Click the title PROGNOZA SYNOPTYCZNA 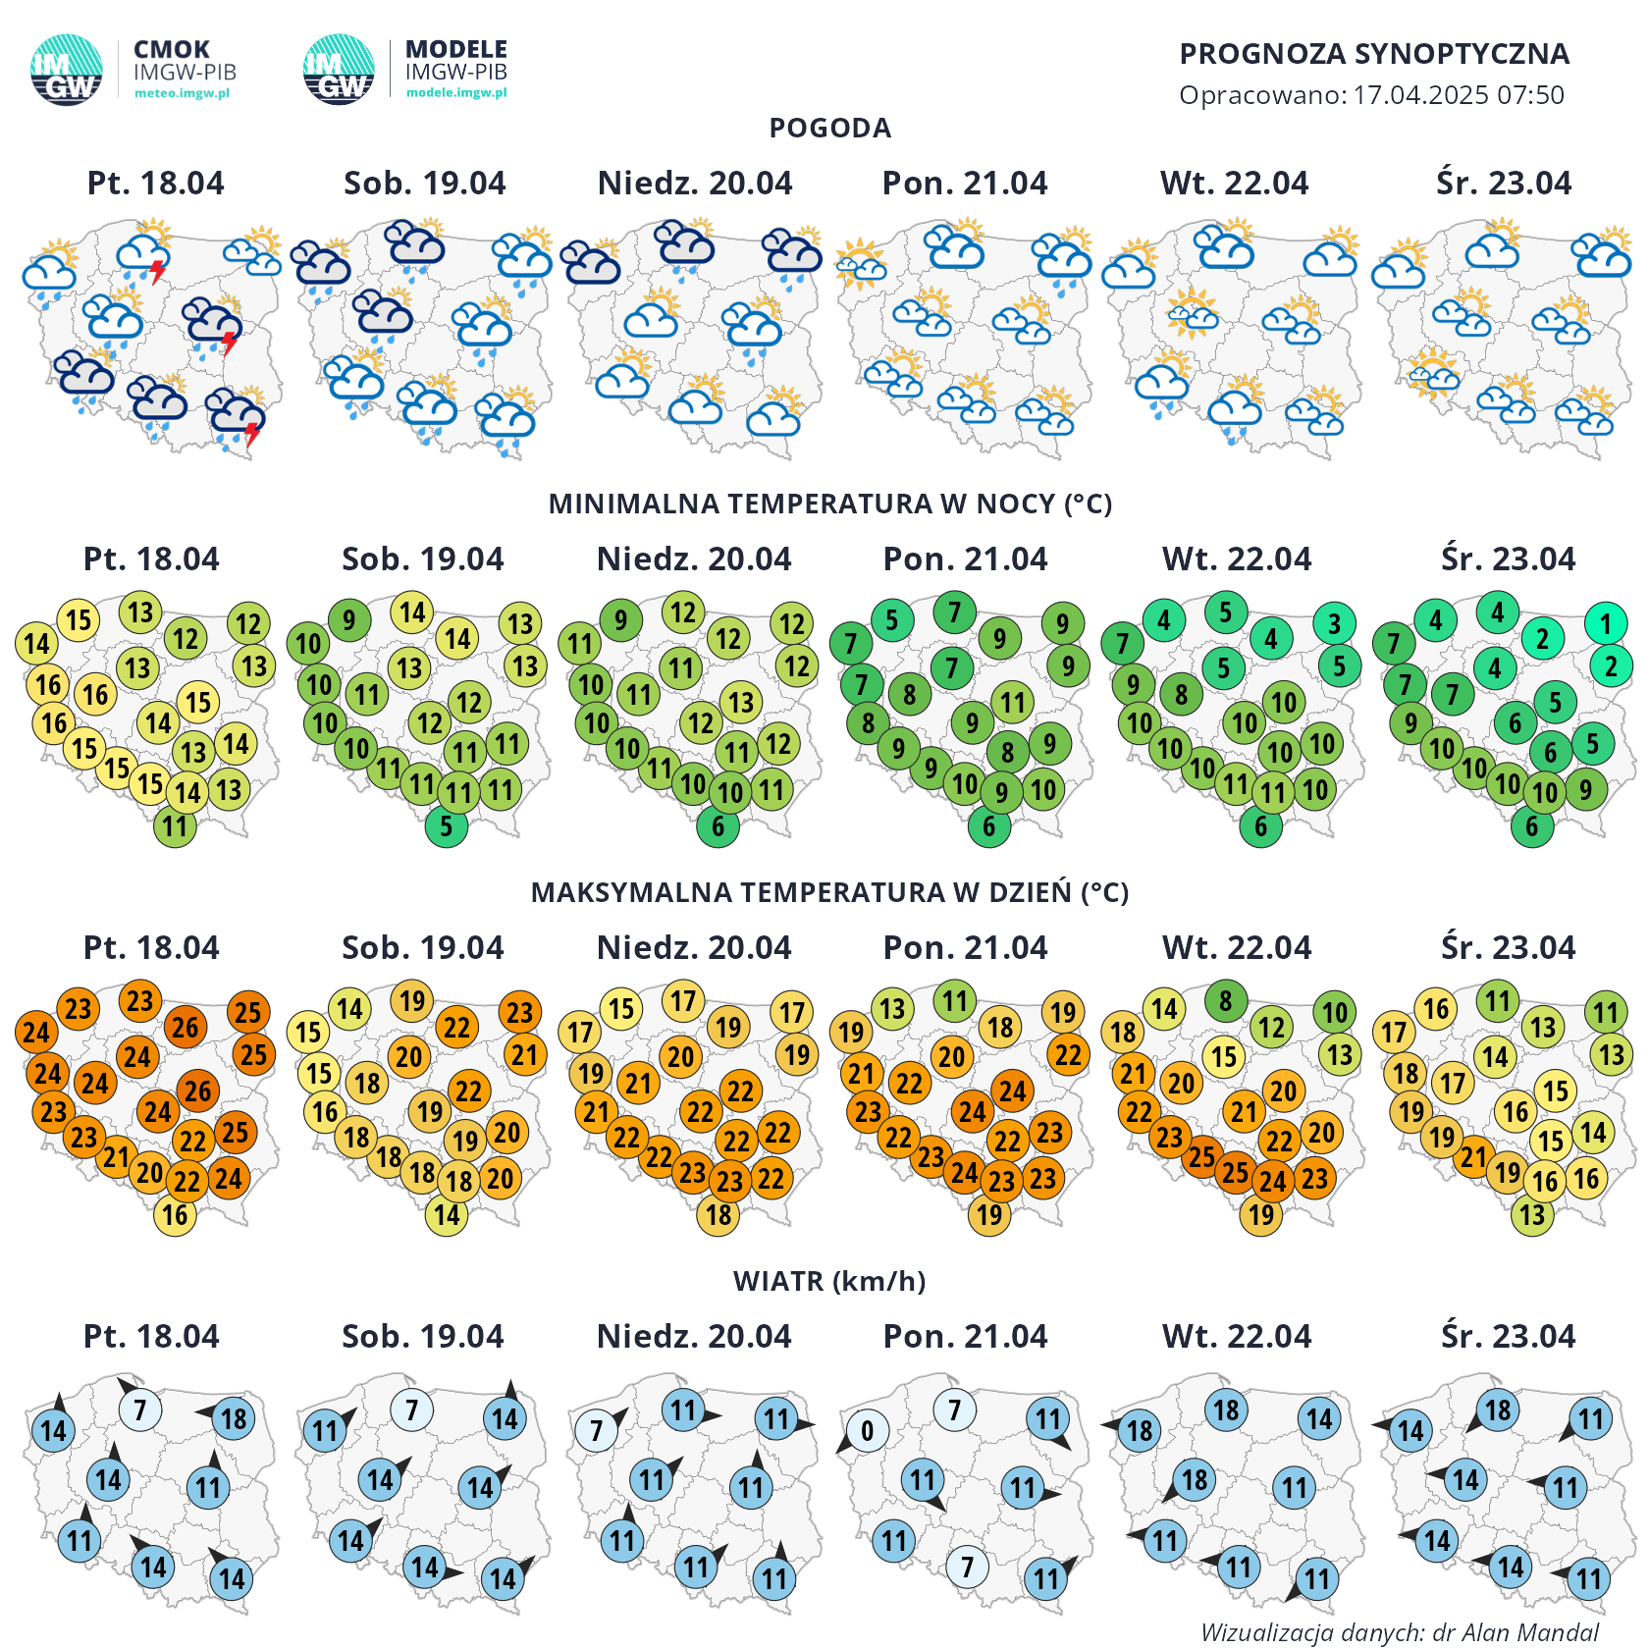(x=1373, y=54)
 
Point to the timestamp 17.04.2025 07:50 (x=1459, y=95)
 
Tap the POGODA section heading (x=829, y=128)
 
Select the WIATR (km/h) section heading (x=829, y=1281)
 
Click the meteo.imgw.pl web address (x=182, y=93)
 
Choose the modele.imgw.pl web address (x=456, y=92)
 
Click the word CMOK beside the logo (x=172, y=49)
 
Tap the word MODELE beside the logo (x=456, y=49)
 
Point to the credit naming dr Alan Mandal (x=1401, y=1632)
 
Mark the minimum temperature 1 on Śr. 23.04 (x=1605, y=623)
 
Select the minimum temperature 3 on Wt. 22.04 (x=1334, y=623)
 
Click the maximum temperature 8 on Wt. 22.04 (x=1226, y=1001)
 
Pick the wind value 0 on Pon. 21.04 (x=867, y=1431)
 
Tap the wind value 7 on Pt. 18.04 (x=140, y=1410)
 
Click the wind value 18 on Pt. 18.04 (x=234, y=1418)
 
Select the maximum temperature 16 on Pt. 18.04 (x=175, y=1215)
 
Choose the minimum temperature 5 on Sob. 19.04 (x=447, y=826)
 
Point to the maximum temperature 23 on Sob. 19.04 (x=519, y=1012)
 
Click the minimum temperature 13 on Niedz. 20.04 (x=741, y=702)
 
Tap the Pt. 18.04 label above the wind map (x=151, y=1336)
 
